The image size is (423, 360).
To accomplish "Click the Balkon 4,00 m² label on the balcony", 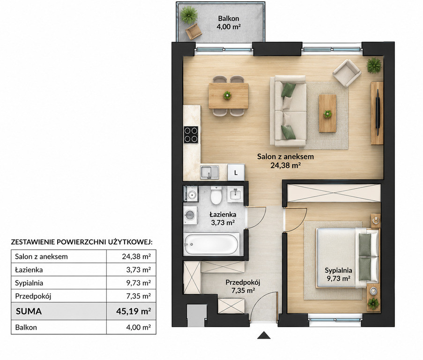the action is [x=229, y=22].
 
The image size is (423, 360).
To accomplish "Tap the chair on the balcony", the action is [x=193, y=31].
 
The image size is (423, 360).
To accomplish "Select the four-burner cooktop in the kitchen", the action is [x=191, y=135].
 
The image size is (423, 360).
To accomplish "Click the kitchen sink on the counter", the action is [x=209, y=172].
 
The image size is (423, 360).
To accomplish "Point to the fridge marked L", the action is [x=236, y=172].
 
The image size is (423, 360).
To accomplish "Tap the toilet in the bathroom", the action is [x=216, y=195].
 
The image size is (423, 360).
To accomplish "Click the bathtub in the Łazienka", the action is [x=212, y=244].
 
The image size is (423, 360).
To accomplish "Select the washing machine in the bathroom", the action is [x=190, y=215].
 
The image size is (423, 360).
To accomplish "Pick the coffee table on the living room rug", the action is [x=327, y=113].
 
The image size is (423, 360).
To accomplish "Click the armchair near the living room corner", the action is [x=347, y=73].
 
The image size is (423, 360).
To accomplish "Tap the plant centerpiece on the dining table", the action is [x=227, y=95].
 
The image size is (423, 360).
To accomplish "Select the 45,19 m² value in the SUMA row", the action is [x=133, y=311].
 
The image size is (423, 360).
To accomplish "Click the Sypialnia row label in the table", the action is [x=29, y=283].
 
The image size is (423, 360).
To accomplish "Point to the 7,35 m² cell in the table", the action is [x=138, y=296].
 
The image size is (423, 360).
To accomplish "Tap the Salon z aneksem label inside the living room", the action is [x=285, y=161].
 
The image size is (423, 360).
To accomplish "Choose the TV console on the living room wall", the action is [x=377, y=113].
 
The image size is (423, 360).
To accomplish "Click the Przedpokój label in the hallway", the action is [x=243, y=286].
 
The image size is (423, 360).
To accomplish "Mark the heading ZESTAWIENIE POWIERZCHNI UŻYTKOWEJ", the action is [x=82, y=242].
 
